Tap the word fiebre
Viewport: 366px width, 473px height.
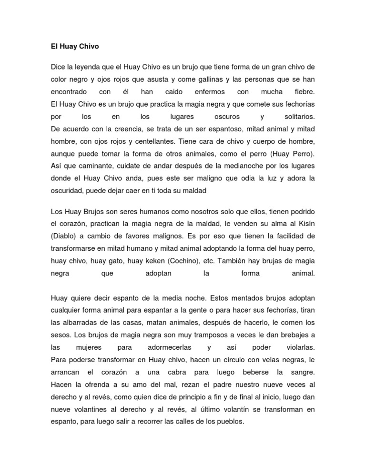[305, 91]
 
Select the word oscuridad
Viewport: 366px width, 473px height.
[68, 191]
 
